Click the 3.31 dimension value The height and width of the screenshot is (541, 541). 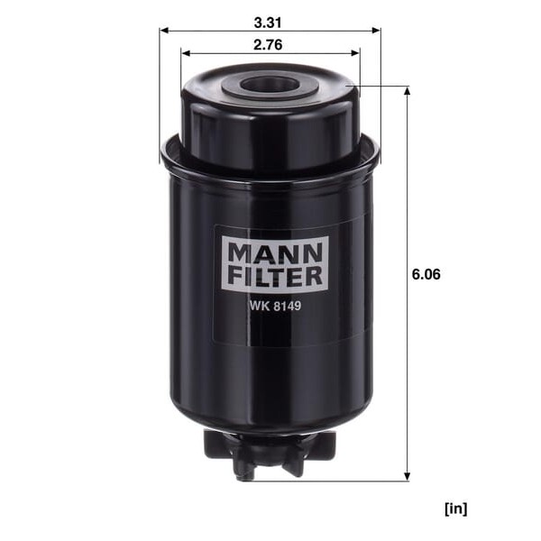(x=268, y=23)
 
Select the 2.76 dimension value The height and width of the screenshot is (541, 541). (x=268, y=45)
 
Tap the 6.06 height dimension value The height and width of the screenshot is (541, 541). (x=426, y=274)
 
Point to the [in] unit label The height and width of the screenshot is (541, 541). (x=455, y=509)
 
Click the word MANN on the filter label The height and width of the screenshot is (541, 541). (x=275, y=252)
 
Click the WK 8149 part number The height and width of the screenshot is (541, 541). (x=275, y=306)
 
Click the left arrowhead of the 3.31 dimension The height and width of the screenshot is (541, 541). (x=164, y=31)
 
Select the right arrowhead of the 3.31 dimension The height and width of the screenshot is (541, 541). (x=376, y=31)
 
